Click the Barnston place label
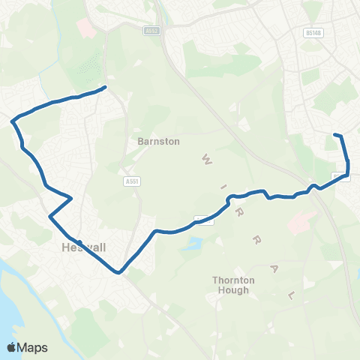158,140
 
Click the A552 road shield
153,31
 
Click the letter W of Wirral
204,159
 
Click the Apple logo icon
13,347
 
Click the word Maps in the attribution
34,347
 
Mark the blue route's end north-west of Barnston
104,87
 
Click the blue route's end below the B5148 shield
334,134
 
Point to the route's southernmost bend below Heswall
118,272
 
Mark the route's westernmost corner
12,120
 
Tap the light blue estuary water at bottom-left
15,300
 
